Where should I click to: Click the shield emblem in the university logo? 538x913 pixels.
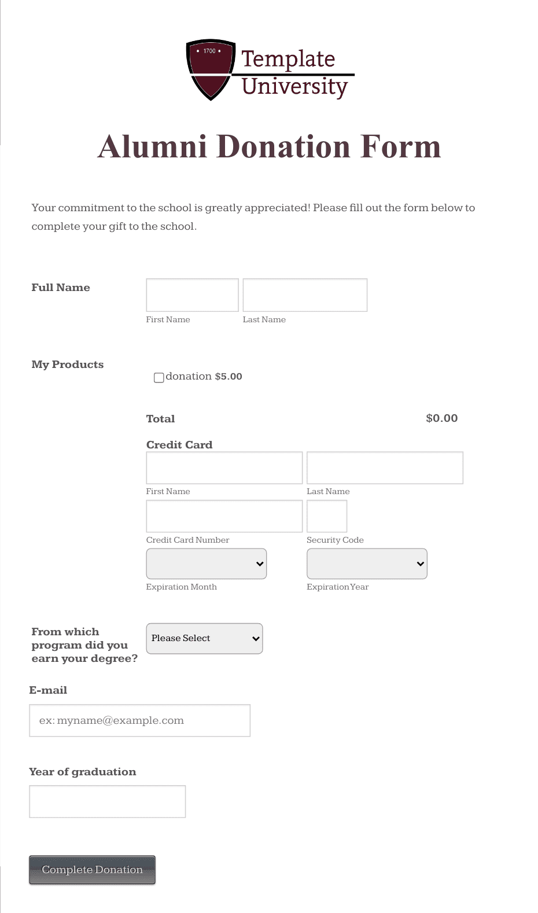[211, 69]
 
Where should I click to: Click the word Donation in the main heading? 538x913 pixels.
[283, 147]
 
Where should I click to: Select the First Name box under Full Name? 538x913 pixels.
[192, 295]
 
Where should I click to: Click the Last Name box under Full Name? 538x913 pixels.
[305, 295]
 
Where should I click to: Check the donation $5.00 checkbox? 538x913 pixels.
[159, 378]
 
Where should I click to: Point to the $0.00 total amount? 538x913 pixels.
[441, 418]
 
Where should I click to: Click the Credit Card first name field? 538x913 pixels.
[224, 467]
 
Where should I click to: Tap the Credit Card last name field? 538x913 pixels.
[385, 467]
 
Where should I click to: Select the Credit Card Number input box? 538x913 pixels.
[224, 516]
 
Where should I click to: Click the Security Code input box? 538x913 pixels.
[327, 516]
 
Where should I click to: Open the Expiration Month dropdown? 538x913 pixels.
[207, 564]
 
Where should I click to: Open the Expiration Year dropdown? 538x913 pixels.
[367, 564]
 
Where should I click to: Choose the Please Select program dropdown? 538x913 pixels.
[204, 638]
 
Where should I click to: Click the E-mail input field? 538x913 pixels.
[139, 720]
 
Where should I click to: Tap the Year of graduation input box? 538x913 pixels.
[107, 801]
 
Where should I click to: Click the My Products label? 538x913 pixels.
[68, 365]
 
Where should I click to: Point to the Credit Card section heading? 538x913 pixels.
[179, 445]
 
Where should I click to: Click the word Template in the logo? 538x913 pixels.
[288, 59]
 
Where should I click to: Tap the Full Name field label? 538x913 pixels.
[61, 288]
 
